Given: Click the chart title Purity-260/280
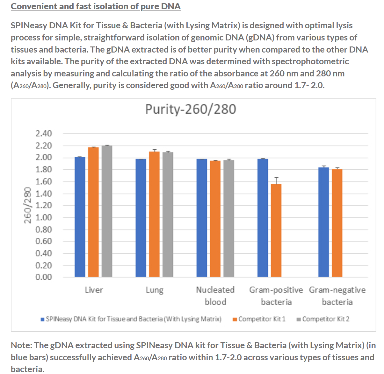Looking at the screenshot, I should point(191,109).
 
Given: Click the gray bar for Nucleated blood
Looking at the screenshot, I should point(228,218).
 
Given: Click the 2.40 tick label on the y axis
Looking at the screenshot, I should point(44,134).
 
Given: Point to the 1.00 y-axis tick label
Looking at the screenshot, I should point(44,217).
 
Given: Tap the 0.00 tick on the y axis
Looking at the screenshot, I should point(44,277).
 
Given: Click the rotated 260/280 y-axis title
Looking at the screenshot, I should point(28,205).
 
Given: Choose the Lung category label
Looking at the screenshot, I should point(155,290).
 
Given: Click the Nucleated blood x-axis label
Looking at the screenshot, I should point(215,296).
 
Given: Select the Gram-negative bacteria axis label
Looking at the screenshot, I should point(337,296).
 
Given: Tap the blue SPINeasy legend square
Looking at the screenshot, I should point(42,319).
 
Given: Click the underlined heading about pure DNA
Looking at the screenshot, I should point(96,6).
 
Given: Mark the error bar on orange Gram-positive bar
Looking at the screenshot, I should point(276,180).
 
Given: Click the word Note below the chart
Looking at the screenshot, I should point(21,345).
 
